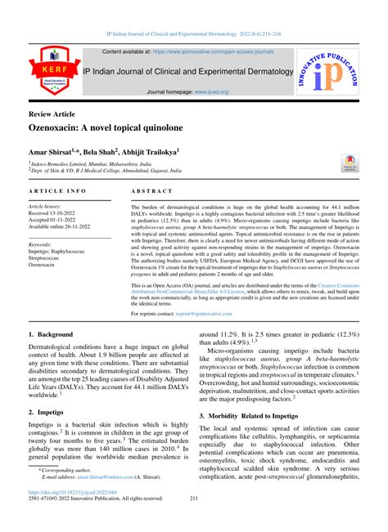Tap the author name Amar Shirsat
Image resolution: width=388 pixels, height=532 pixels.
(52, 152)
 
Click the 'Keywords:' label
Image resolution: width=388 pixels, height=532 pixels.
(45, 244)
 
